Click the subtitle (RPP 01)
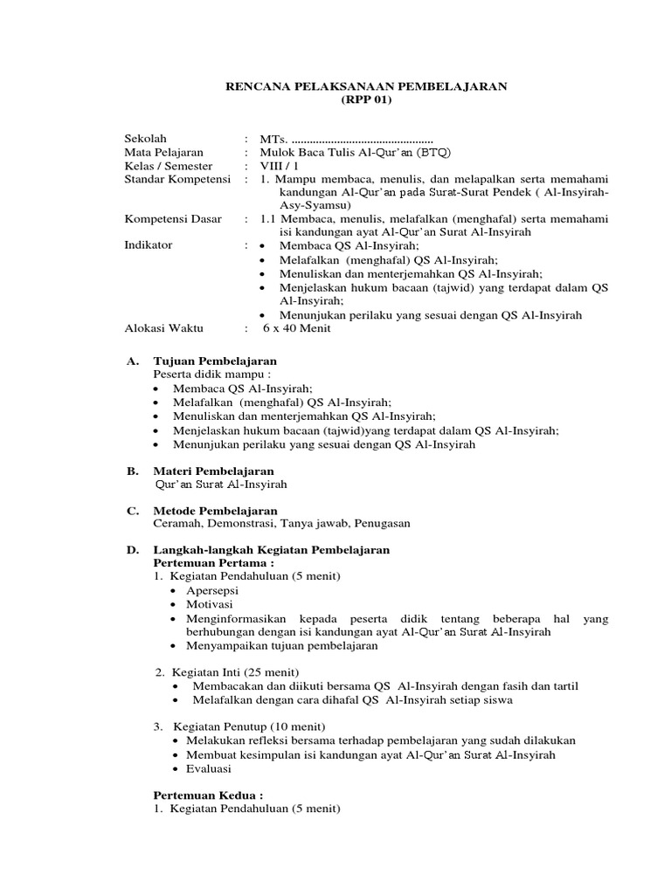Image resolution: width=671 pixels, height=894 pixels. point(367,100)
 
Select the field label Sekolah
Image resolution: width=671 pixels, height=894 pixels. point(146,139)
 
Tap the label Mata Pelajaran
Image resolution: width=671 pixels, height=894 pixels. point(164,153)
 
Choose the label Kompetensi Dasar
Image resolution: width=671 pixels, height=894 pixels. point(173,219)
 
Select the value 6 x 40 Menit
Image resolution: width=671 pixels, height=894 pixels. point(296,327)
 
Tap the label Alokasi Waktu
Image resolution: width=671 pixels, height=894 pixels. point(164,327)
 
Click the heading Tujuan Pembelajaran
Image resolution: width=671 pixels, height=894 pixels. point(215,361)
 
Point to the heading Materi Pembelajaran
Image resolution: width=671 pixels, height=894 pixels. point(213,471)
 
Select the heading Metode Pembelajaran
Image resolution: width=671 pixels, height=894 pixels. point(215,510)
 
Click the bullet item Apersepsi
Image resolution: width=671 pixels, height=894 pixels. point(211,590)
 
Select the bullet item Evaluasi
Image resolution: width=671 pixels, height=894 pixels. point(208,768)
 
